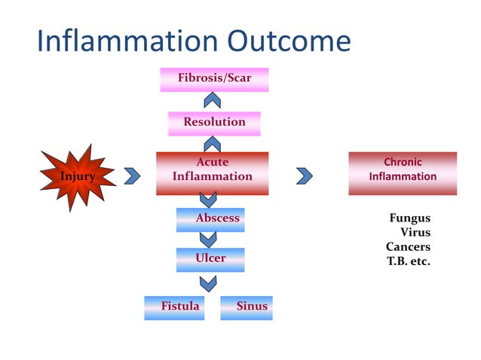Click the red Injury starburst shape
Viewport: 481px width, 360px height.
pyautogui.click(x=78, y=176)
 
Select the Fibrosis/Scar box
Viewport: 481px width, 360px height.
pyautogui.click(x=214, y=78)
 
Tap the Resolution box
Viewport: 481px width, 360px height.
pyautogui.click(x=214, y=122)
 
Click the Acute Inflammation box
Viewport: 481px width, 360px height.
pyautogui.click(x=212, y=170)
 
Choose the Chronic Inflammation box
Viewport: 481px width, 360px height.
pyautogui.click(x=403, y=170)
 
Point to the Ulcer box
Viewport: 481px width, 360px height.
pyautogui.click(x=210, y=258)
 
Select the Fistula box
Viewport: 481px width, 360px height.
pyautogui.click(x=175, y=307)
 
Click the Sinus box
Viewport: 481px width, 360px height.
pyautogui.click(x=247, y=307)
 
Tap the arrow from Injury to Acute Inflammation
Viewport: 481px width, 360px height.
pyautogui.click(x=133, y=175)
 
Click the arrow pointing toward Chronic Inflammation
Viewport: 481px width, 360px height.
pyautogui.click(x=305, y=175)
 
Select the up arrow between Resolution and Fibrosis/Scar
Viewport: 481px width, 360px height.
pyautogui.click(x=213, y=99)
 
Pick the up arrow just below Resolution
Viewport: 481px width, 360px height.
pyautogui.click(x=213, y=143)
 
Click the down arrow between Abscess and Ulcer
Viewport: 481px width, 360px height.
pyautogui.click(x=207, y=239)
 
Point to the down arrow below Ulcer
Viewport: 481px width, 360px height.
pyautogui.click(x=207, y=282)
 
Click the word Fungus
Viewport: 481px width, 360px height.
pyautogui.click(x=409, y=218)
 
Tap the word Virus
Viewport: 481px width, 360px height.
pyautogui.click(x=415, y=233)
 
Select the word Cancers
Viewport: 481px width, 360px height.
pyautogui.click(x=408, y=247)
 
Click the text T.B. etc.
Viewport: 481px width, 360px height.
pyautogui.click(x=408, y=261)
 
